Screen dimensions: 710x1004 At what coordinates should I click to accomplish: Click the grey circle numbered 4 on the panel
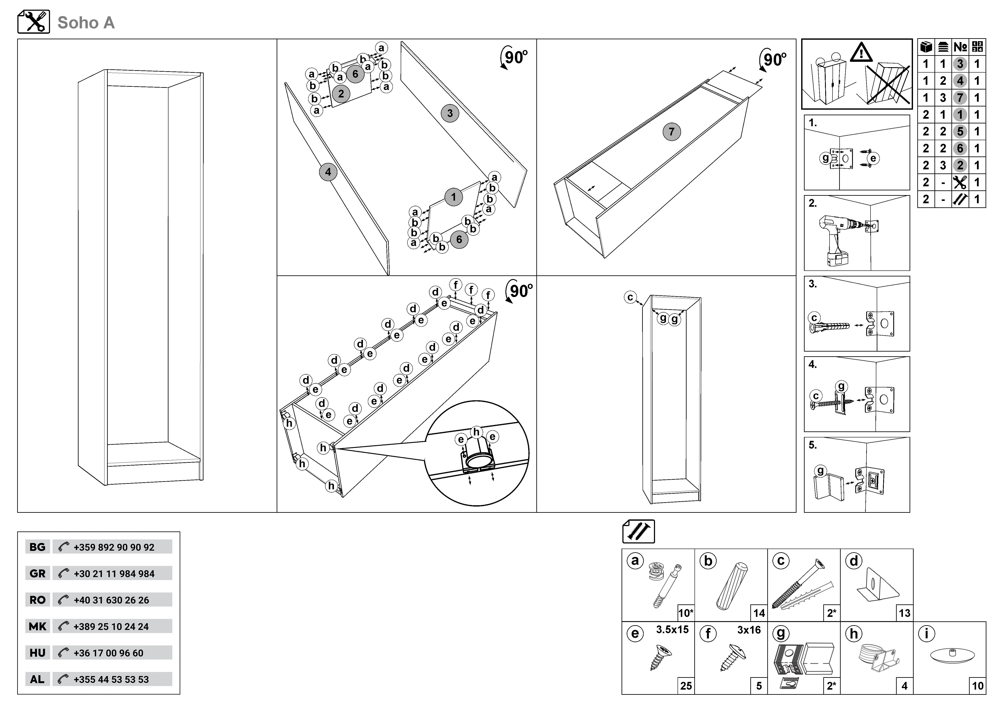(x=328, y=172)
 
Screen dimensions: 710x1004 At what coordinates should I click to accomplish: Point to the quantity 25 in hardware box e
(x=686, y=686)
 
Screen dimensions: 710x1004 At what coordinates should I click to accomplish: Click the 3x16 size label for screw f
(x=749, y=630)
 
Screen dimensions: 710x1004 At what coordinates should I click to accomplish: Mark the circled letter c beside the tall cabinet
(x=630, y=297)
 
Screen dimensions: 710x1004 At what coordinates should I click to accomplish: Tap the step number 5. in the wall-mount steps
(x=813, y=445)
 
